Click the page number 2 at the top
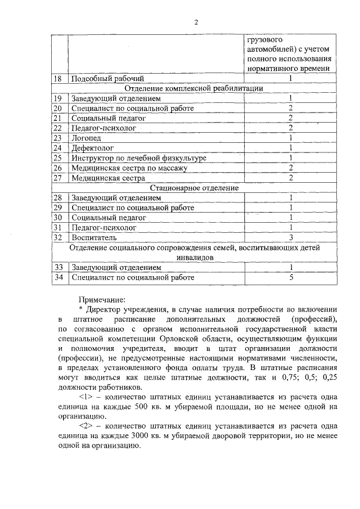click(x=196, y=22)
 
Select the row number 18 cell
click(x=57, y=78)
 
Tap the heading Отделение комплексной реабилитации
click(x=194, y=88)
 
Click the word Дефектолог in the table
click(x=92, y=148)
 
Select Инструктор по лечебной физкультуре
click(x=138, y=158)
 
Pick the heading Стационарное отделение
click(x=194, y=187)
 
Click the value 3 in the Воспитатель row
click(x=291, y=237)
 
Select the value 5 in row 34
click(x=291, y=277)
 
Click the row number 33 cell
click(x=57, y=267)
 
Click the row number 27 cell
click(x=57, y=178)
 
